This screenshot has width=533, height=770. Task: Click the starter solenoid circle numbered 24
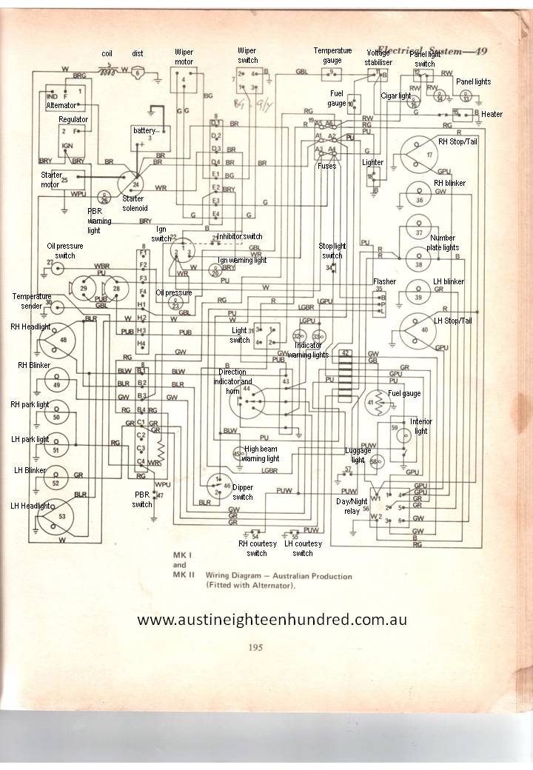[x=135, y=184]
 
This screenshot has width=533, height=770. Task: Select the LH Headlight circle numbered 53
[x=61, y=516]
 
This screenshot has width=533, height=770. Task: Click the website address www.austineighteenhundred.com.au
[x=272, y=619]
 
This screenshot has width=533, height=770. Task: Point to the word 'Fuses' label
[x=326, y=166]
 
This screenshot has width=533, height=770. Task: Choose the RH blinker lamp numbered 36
[x=419, y=200]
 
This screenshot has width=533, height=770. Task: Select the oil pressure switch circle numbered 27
[x=50, y=264]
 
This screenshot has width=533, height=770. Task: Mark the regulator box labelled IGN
[x=67, y=138]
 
